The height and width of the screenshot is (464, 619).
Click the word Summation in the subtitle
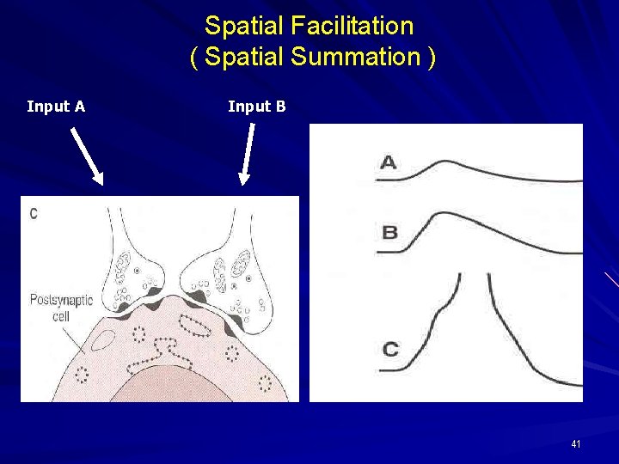click(x=353, y=58)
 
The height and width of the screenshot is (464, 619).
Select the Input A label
click(x=56, y=107)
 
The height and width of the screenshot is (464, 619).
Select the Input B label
click(x=256, y=107)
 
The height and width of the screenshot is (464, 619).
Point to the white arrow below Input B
click(x=248, y=153)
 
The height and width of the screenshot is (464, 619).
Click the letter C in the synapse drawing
click(x=34, y=213)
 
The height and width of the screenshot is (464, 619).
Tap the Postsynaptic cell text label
click(x=61, y=307)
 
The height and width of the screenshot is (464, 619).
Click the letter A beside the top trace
click(x=389, y=162)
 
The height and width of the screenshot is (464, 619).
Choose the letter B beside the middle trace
click(x=389, y=232)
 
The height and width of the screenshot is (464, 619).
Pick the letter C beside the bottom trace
click(x=390, y=349)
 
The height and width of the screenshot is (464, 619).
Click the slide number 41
click(x=575, y=444)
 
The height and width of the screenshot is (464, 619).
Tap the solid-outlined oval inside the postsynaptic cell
click(x=102, y=339)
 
